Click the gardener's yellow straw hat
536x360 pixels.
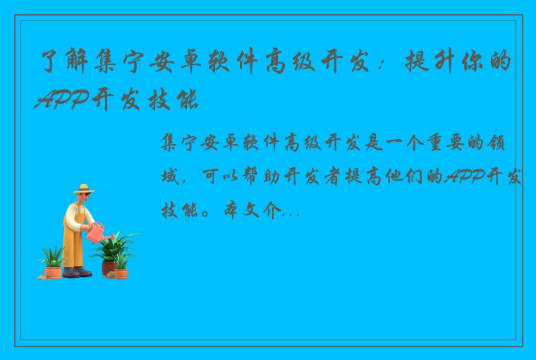(x=83, y=189)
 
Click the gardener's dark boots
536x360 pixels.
(x=77, y=271)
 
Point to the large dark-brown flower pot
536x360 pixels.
(x=109, y=267)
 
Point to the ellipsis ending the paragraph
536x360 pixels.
(x=291, y=211)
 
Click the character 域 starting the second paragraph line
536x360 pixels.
(x=171, y=176)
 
